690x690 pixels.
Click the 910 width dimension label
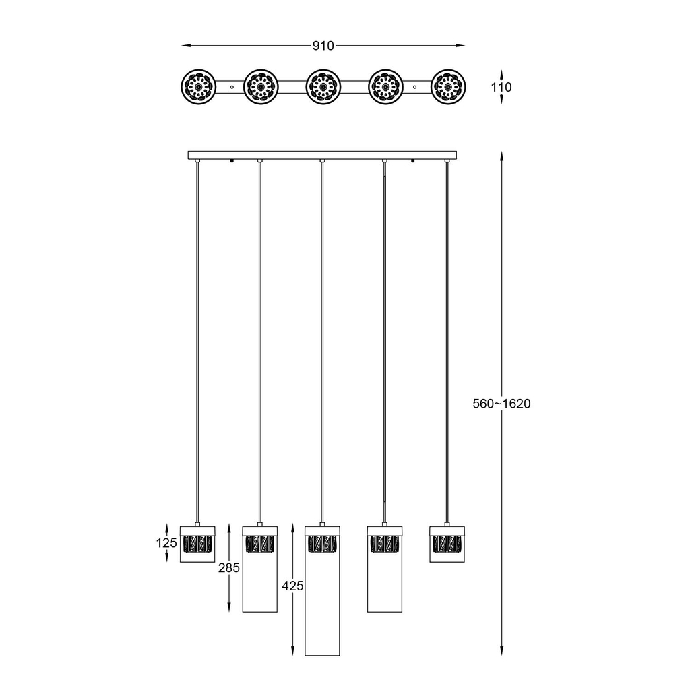[x=323, y=46]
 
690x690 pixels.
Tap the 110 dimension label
[x=501, y=87]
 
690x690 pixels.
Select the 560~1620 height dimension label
[x=501, y=404]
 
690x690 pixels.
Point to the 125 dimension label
[x=166, y=543]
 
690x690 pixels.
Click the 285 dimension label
[x=229, y=568]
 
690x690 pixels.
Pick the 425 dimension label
[x=292, y=586]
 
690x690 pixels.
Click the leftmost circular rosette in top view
[x=199, y=87]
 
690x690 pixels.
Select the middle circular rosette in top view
[x=323, y=87]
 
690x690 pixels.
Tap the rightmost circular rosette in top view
[x=448, y=87]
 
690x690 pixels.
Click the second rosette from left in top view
[x=261, y=87]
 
